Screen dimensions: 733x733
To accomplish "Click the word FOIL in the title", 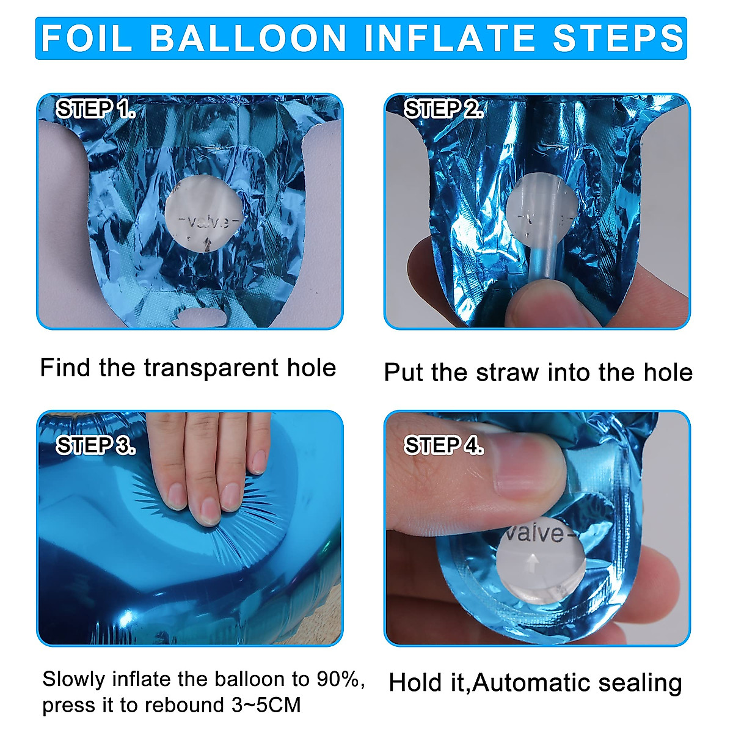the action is pos(87,38).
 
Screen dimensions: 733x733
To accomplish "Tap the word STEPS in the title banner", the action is pos(619,38).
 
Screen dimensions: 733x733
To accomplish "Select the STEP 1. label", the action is pos(95,109).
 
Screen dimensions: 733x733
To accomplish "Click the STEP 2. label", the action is pos(443,109).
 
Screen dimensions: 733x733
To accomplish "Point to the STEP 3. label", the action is pos(95,445).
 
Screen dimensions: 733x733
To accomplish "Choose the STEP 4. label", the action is pos(443,445).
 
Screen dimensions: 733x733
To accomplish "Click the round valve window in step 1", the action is pos(204,213).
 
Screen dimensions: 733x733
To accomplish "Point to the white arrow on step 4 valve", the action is pos(533,563).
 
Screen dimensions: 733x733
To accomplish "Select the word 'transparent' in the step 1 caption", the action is pos(211,368).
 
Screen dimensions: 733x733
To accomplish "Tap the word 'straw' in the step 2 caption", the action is pos(508,373).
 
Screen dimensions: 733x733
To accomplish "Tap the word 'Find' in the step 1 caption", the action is pos(65,368).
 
